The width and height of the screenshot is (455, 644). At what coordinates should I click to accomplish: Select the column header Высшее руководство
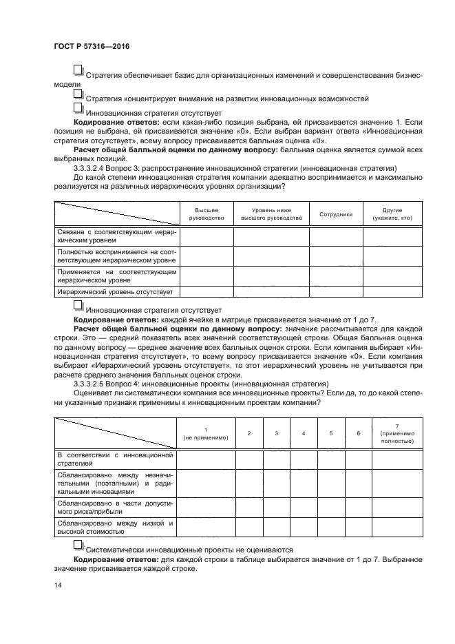coord(207,214)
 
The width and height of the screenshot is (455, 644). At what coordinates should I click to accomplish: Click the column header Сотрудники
coord(336,214)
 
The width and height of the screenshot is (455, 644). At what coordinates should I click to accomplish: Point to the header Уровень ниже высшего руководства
coord(271,214)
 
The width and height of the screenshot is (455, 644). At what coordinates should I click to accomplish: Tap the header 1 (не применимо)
coord(205,433)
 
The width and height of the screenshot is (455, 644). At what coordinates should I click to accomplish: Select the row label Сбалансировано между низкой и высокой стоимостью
coord(114,528)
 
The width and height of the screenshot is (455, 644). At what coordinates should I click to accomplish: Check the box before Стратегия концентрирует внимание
coord(78,94)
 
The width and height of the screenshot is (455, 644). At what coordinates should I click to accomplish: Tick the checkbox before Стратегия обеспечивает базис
coord(78,70)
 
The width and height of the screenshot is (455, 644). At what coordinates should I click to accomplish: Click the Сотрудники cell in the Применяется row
coord(336,276)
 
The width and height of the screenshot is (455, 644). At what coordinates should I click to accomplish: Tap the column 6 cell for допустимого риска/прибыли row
coord(359,508)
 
